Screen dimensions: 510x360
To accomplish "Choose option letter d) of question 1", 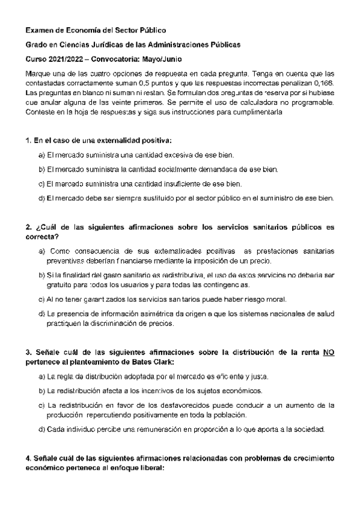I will tap(41, 198).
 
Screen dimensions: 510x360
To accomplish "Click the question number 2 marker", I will tap(28, 227).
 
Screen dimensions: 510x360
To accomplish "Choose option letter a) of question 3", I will tap(41, 376).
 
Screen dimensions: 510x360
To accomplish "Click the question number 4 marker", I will tap(28, 458).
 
